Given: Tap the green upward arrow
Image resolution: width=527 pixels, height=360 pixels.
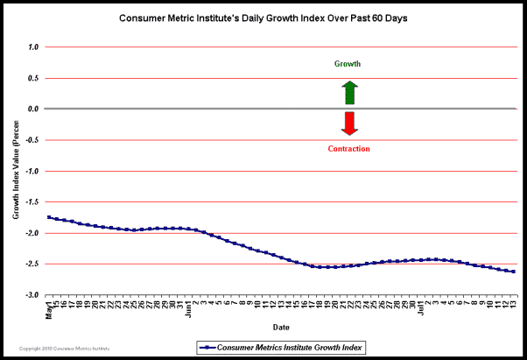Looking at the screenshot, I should (x=349, y=92).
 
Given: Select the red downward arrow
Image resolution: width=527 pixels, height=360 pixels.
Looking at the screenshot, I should (x=349, y=124).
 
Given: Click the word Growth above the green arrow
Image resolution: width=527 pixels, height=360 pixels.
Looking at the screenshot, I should (x=348, y=64).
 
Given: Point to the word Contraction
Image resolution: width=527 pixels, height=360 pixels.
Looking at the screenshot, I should (x=348, y=149).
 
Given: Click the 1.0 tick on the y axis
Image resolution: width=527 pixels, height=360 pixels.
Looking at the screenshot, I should (x=33, y=47).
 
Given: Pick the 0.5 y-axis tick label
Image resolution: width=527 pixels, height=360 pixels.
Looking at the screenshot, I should (x=33, y=78).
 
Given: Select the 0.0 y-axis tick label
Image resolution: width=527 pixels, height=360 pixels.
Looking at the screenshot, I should (x=33, y=109).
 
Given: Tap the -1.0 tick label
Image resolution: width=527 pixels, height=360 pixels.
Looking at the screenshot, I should (x=32, y=171).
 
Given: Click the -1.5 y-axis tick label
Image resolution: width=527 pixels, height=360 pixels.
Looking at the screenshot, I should (x=32, y=202).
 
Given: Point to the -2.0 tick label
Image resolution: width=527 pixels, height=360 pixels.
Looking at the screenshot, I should (x=32, y=233).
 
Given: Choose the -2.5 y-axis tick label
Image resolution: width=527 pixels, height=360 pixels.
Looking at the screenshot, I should (x=32, y=264).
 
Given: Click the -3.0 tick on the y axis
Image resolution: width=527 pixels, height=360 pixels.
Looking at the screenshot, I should (x=32, y=295).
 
